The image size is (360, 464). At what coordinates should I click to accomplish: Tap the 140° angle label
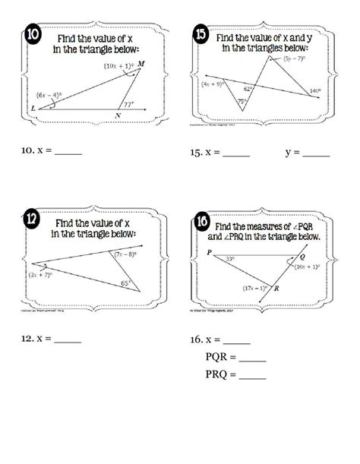coord(318,91)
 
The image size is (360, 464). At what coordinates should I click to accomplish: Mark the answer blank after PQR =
coord(251,358)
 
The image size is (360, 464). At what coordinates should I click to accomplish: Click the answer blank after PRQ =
coord(251,376)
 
